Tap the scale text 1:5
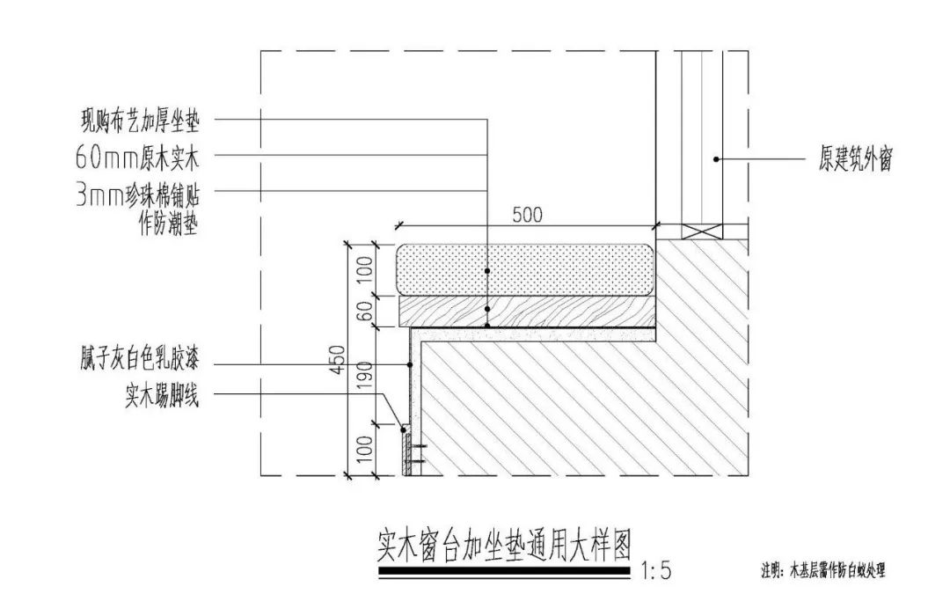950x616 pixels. tap(656, 572)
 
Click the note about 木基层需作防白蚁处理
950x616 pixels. tap(823, 569)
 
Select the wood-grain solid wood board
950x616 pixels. tap(572, 310)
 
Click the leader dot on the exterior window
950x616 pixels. tap(717, 159)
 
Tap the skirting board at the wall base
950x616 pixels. tap(406, 451)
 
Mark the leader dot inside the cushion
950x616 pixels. tap(487, 270)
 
